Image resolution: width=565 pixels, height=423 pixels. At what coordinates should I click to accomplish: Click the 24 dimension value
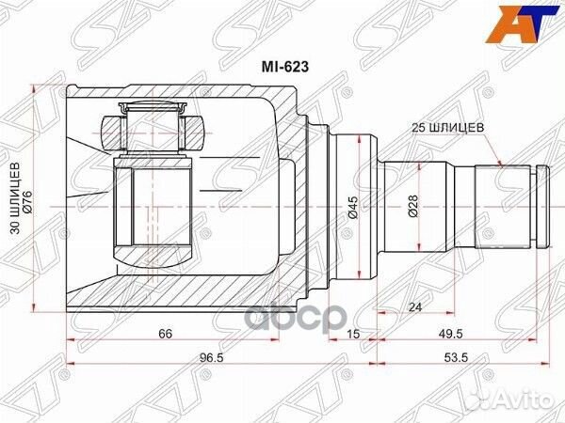[x=414, y=307]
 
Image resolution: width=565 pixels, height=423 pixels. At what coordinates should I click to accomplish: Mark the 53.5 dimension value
[x=460, y=358]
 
